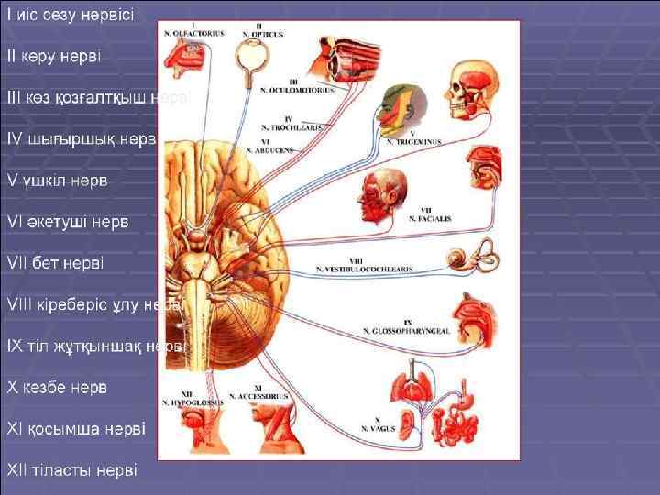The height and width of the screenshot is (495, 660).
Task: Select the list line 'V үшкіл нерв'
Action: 57,180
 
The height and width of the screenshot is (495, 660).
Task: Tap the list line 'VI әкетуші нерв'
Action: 68,221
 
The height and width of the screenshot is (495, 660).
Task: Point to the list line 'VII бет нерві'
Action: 56,262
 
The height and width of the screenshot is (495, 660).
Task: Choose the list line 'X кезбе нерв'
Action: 58,387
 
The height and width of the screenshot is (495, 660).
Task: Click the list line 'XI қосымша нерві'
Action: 76,428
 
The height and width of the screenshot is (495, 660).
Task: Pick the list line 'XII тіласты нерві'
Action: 71,470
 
